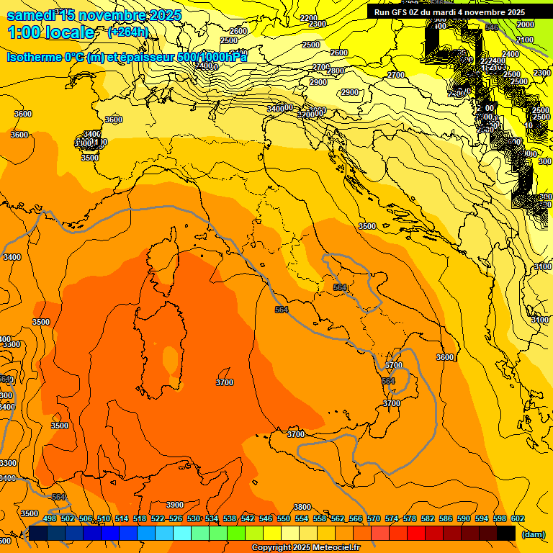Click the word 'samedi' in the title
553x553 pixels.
pyautogui.click(x=30, y=15)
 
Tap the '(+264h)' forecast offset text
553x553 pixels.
pyautogui.click(x=127, y=32)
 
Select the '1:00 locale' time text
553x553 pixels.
pyautogui.click(x=51, y=32)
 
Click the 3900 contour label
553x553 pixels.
pyautogui.click(x=175, y=505)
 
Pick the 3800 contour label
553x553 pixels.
pyautogui.click(x=302, y=507)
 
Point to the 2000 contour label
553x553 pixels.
pyautogui.click(x=526, y=24)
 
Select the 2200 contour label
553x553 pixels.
pyautogui.click(x=308, y=18)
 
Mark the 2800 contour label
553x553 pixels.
pyautogui.click(x=335, y=71)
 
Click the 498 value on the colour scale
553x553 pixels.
pyautogui.click(x=50, y=519)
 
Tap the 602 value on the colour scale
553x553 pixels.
pyautogui.click(x=518, y=519)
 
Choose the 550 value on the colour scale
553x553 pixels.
pyautogui.click(x=284, y=519)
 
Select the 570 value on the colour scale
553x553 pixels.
pyautogui.click(x=374, y=519)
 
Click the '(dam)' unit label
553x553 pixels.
pyautogui.click(x=533, y=534)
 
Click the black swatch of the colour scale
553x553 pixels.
pyautogui.click(x=506, y=533)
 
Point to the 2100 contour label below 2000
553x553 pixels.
pyautogui.click(x=525, y=40)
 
